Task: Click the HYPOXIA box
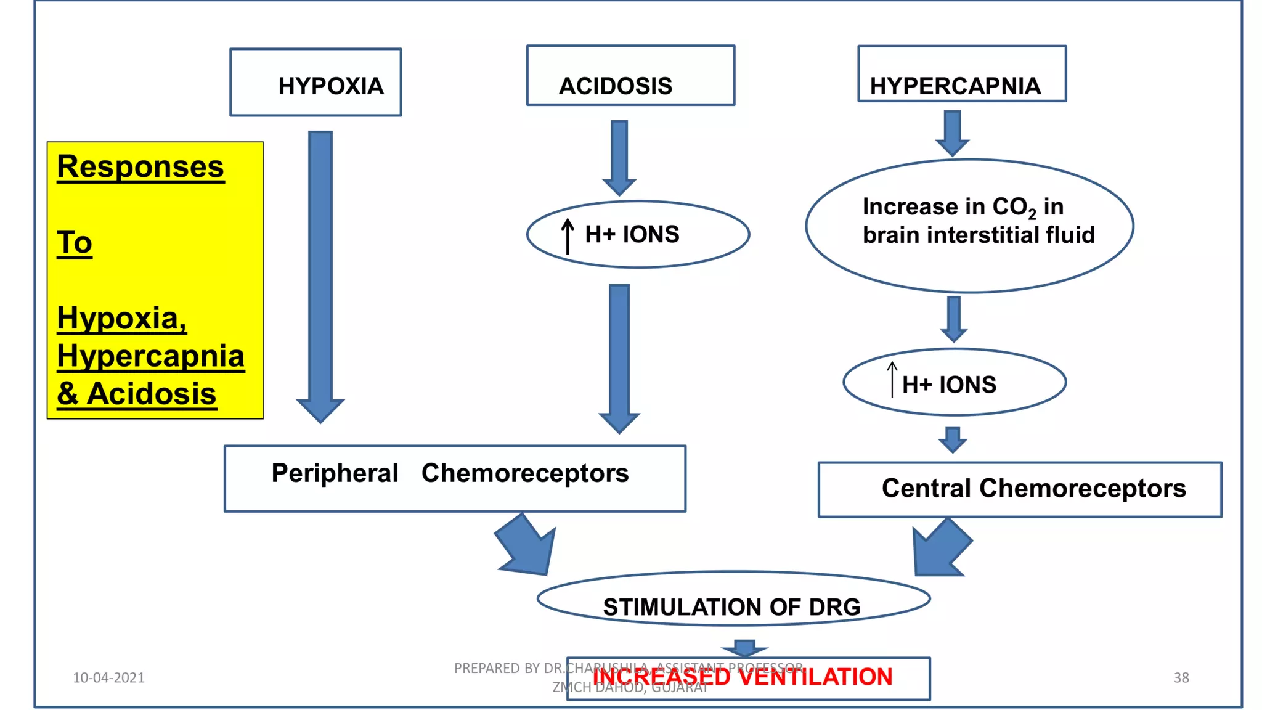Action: pos(315,83)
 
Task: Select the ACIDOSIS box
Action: pos(630,76)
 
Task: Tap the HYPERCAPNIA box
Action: pos(961,75)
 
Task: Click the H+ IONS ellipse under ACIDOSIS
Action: pos(638,234)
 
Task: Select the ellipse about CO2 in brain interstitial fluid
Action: pos(969,226)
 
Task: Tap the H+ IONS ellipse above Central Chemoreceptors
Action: pos(955,383)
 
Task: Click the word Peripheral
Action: pos(335,473)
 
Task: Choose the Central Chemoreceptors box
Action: pos(1020,489)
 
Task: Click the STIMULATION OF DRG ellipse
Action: pos(733,600)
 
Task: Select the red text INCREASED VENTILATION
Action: pos(743,677)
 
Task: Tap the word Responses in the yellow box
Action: pos(140,167)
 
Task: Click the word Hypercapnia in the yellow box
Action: pos(150,356)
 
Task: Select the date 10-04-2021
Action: pos(108,678)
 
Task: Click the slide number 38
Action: pos(1181,678)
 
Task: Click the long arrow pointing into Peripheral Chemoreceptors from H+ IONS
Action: pos(619,357)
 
